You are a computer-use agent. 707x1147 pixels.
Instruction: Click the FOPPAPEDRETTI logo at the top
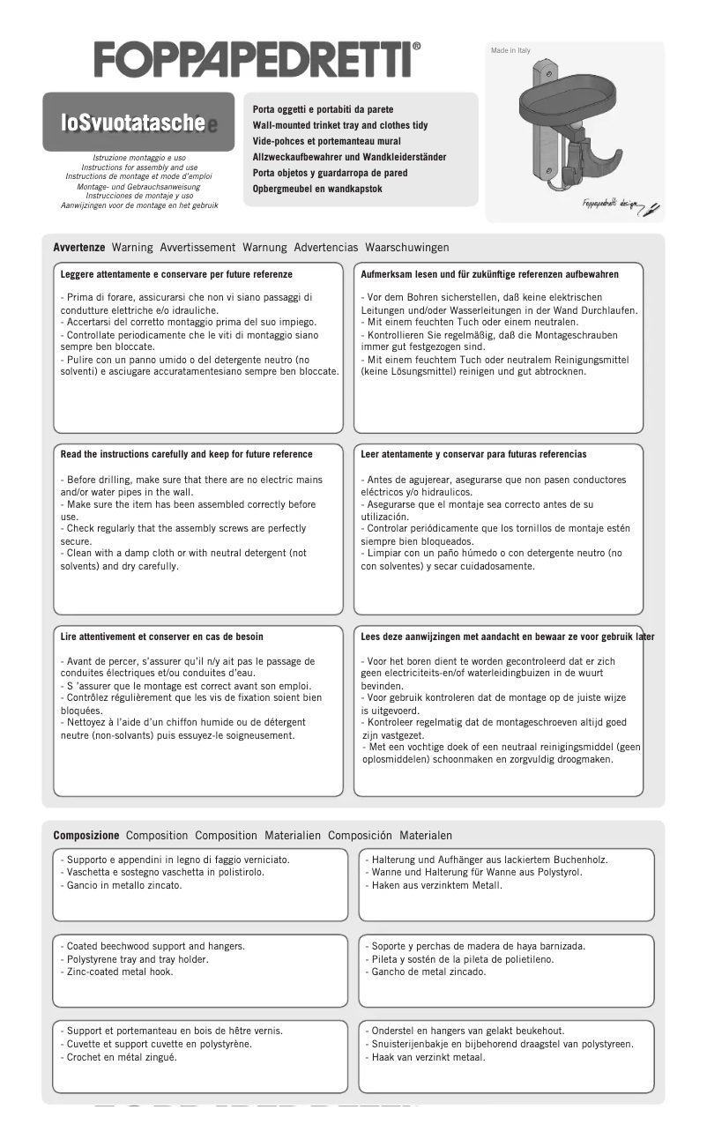257,60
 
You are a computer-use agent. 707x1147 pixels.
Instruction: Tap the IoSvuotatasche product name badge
138,123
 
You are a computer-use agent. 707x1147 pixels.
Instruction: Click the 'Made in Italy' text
510,51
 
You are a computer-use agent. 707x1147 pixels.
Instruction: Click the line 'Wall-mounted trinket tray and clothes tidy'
339,125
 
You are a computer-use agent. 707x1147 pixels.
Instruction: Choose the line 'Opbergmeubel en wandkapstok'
317,189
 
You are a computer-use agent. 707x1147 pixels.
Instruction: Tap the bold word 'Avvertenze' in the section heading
79,248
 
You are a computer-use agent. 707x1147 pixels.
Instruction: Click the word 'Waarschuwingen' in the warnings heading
406,248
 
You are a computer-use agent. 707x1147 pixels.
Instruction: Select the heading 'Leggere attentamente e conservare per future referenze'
176,275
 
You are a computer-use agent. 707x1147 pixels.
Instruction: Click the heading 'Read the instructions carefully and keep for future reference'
186,454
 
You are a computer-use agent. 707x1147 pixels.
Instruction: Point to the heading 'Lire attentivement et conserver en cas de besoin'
161,637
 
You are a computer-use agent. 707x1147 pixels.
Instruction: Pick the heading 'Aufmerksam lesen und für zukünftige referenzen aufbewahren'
489,275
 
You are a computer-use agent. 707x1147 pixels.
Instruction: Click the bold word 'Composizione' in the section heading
86,835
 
